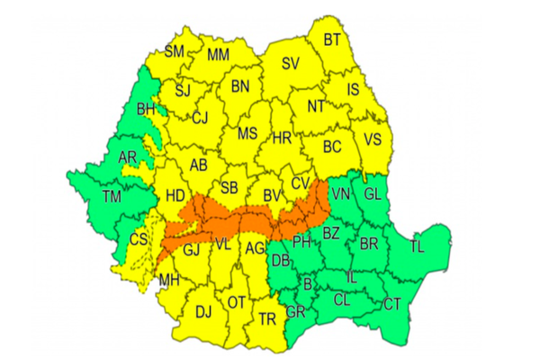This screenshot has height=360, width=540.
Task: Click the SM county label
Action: pos(174,51)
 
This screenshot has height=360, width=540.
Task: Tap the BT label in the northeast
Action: pos(332,39)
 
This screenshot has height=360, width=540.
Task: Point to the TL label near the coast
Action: pos(418,246)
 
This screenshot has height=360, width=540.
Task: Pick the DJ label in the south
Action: pos(203,312)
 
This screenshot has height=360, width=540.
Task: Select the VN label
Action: pos(340,193)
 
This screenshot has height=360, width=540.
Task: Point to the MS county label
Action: pos(247,134)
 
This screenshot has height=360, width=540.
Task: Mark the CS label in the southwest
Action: pos(139,239)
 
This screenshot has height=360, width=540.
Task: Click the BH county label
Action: pos(146,110)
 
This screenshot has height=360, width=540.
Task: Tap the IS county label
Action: pos(353,89)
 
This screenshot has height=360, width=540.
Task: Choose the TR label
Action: pos(266,319)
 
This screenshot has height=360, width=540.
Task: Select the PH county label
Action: pos(301,241)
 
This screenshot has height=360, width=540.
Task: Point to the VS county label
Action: pos(372,139)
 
